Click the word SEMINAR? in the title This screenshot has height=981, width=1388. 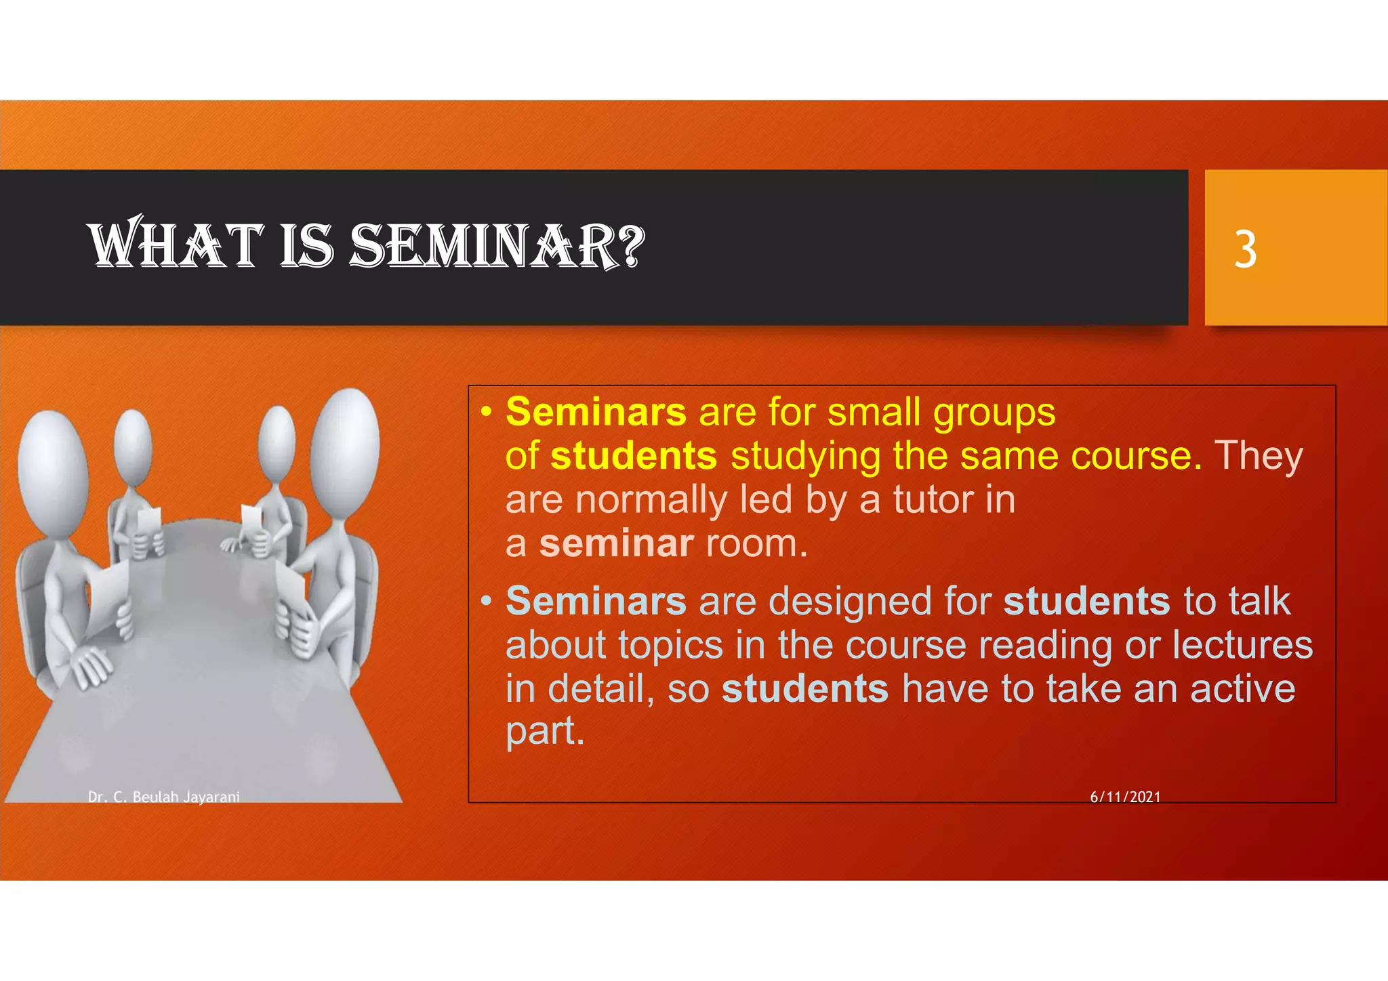pyautogui.click(x=497, y=245)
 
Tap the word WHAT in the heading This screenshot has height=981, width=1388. pyautogui.click(x=176, y=245)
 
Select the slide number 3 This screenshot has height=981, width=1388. pyautogui.click(x=1245, y=250)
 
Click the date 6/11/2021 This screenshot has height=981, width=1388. pyautogui.click(x=1125, y=797)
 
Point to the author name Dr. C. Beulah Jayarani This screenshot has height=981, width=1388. pyautogui.click(x=164, y=797)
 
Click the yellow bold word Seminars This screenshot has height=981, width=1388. pyautogui.click(x=596, y=412)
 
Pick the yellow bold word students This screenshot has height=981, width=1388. pyautogui.click(x=634, y=456)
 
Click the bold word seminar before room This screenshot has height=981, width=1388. pyautogui.click(x=616, y=544)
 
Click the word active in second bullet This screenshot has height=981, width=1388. pyautogui.click(x=1242, y=689)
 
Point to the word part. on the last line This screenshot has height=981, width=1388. pyautogui.click(x=545, y=732)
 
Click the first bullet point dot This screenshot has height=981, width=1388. pyautogui.click(x=486, y=412)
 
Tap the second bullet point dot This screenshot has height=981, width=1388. pyautogui.click(x=486, y=602)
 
